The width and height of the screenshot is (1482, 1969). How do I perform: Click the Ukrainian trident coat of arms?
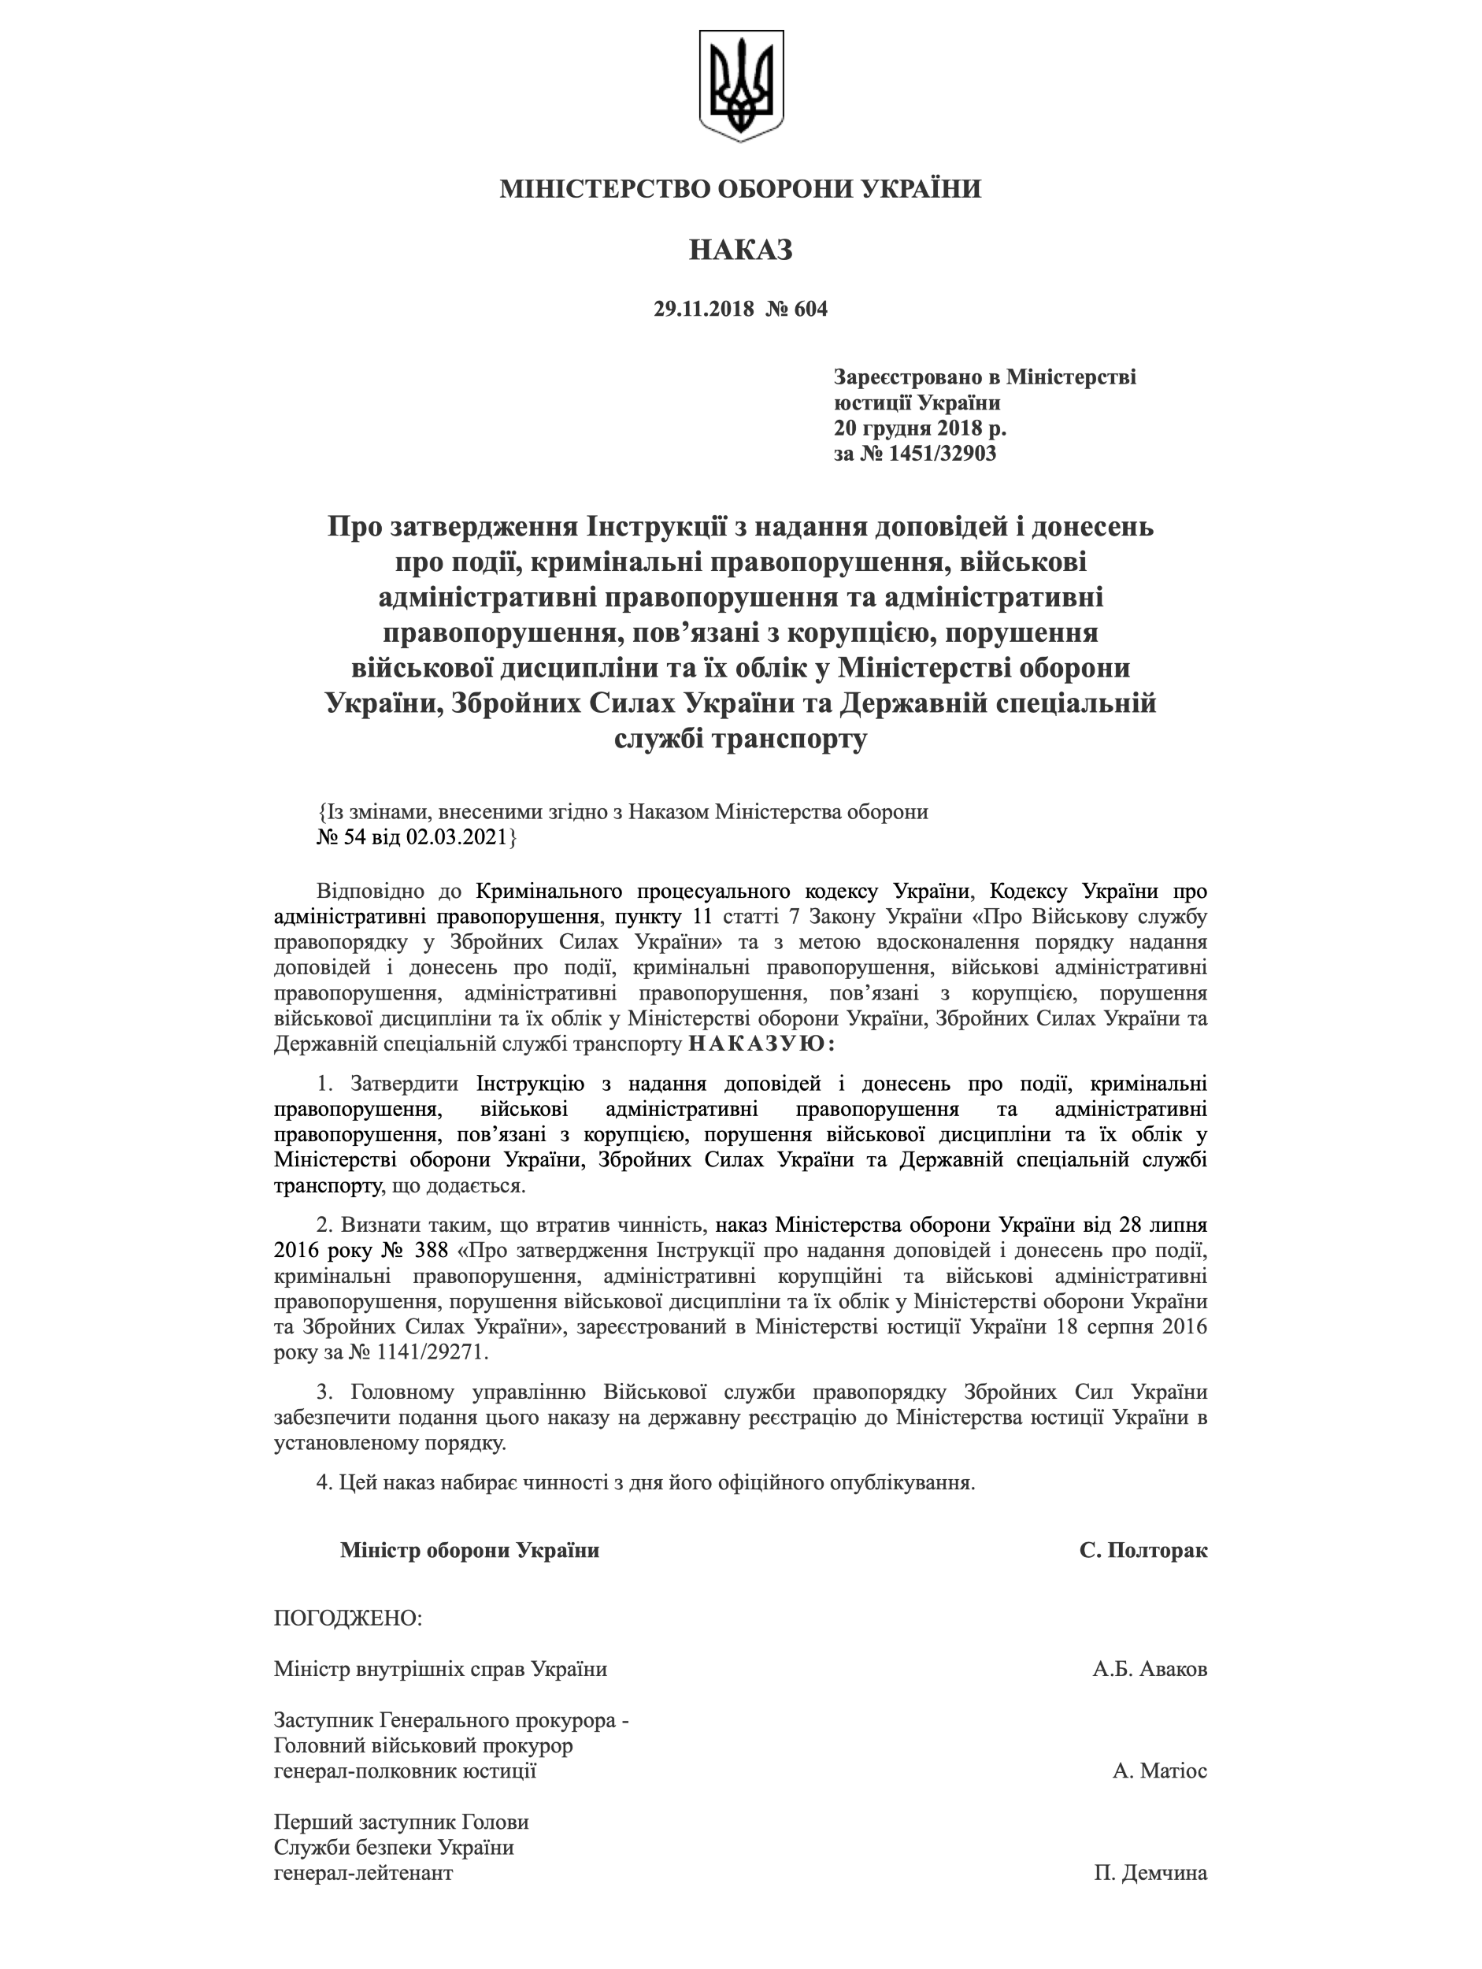740,85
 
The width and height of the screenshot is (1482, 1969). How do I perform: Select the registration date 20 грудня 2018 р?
920,428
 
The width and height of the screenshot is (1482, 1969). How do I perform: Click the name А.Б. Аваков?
1149,1669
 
